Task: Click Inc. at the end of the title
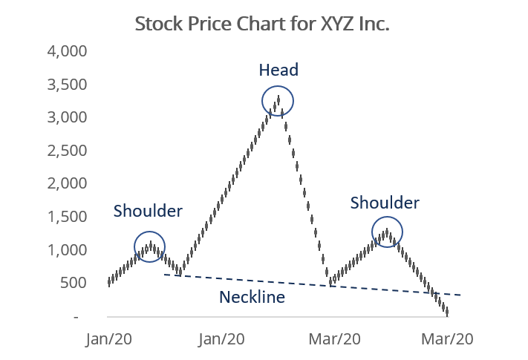click(376, 24)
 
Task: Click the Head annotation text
click(278, 71)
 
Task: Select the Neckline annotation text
click(253, 298)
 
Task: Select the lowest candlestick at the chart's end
click(447, 312)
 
